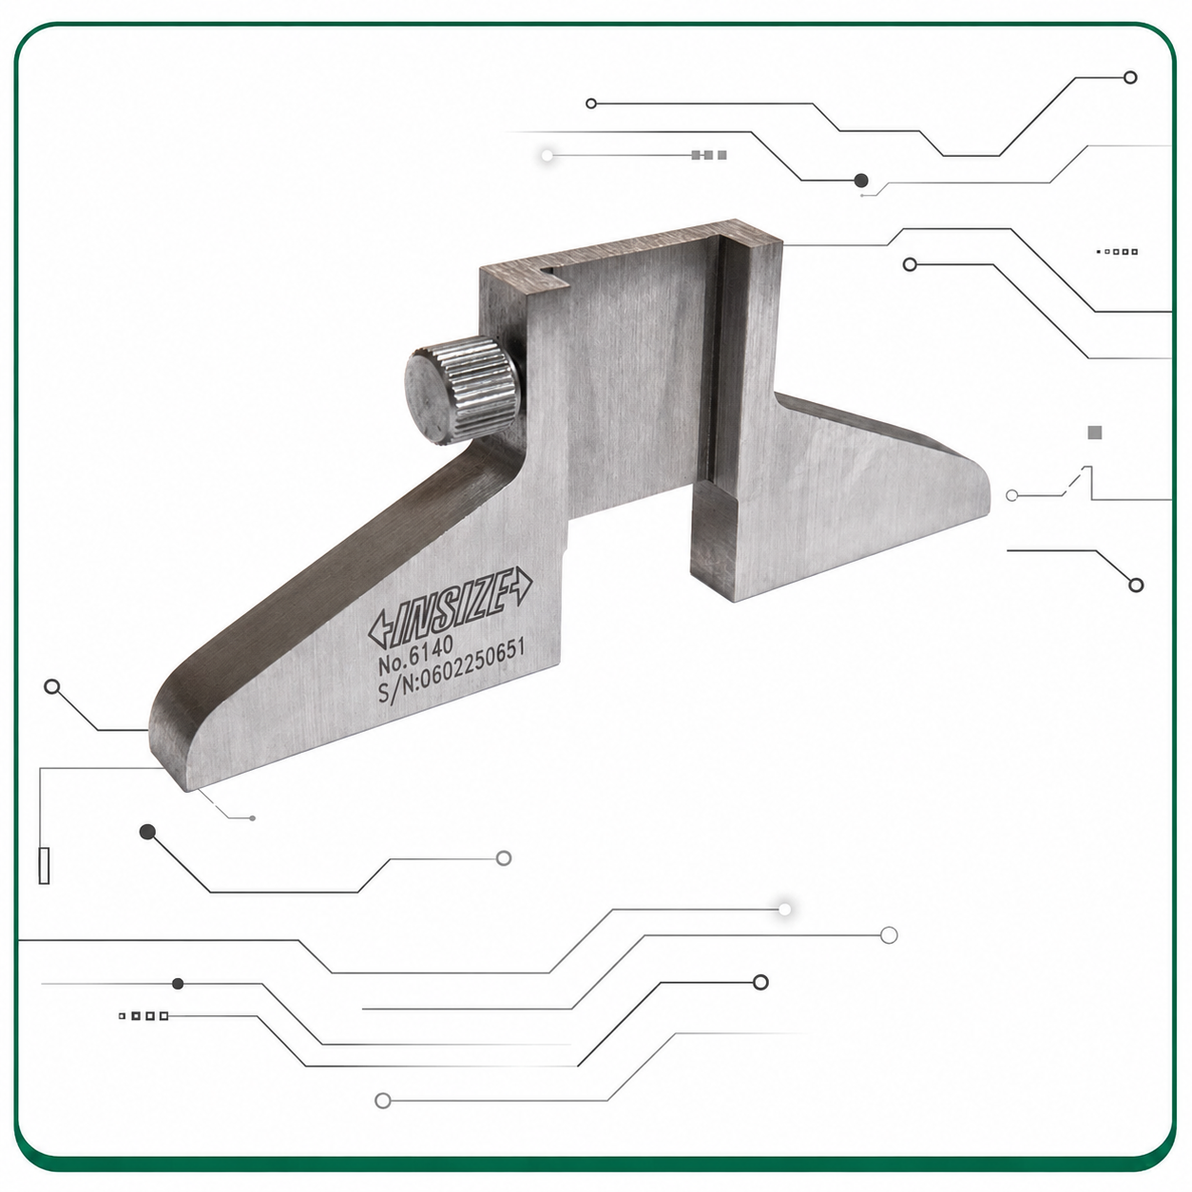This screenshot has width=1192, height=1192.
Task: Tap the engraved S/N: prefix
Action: pyautogui.click(x=398, y=692)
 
